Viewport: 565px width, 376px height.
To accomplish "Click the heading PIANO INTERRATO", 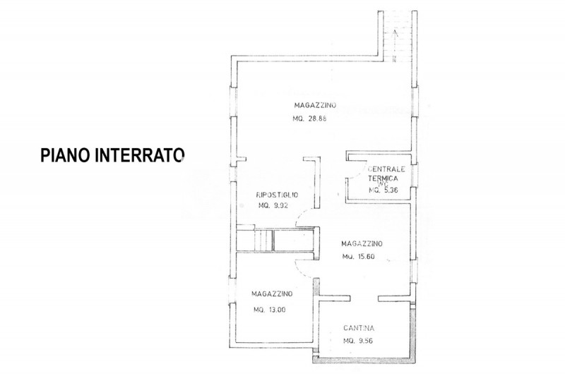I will point(112,155).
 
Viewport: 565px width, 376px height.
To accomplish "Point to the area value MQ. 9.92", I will point(274,205).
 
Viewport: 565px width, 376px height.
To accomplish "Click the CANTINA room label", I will point(359,328).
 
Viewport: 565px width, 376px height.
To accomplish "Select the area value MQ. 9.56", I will point(359,341).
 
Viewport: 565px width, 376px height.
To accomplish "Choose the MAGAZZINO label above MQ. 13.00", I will point(273,293).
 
